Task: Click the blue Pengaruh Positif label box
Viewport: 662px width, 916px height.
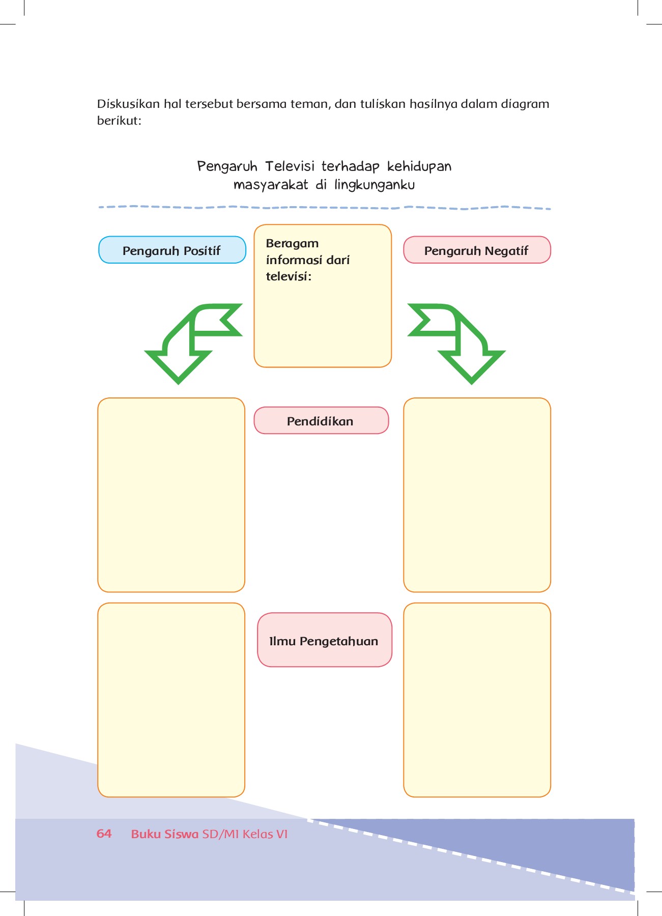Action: tap(172, 250)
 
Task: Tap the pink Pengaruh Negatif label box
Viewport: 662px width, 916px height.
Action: tap(477, 250)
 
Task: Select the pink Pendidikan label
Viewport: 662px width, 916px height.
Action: tap(321, 421)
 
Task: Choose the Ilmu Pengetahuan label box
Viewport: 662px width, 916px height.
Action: tap(324, 640)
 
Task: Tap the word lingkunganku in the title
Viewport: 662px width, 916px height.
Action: tap(375, 185)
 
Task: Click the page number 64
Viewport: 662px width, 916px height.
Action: tap(104, 834)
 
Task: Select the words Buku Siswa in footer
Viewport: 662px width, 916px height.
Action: tap(164, 834)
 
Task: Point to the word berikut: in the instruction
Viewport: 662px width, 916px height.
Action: tap(119, 121)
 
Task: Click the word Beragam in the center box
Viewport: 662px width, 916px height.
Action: tap(292, 243)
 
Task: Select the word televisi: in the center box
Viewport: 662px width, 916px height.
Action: tap(288, 277)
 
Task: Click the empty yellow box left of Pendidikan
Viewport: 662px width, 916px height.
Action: tap(171, 495)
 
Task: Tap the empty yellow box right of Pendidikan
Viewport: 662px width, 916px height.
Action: tap(477, 495)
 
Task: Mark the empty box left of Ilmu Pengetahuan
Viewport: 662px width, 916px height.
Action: tap(171, 700)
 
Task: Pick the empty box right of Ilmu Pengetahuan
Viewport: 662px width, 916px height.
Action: tap(477, 700)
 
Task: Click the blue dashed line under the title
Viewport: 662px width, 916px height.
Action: tap(324, 208)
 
